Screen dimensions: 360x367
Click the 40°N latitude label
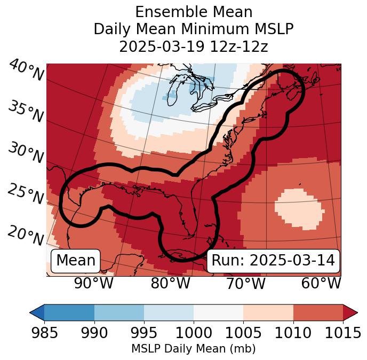[x=26, y=71]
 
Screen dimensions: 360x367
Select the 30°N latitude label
[x=25, y=153]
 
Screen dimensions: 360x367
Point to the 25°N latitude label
[x=25, y=194]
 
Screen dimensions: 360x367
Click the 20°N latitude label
[x=25, y=236]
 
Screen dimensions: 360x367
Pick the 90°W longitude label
[x=94, y=283]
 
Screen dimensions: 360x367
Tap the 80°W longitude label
[x=170, y=283]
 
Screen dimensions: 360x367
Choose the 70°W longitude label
[x=245, y=283]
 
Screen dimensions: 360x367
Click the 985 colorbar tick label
[x=44, y=333]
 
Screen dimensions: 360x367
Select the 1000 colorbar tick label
[x=194, y=333]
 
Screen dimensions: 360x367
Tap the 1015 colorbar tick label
[x=343, y=333]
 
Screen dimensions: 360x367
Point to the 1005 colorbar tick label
[x=243, y=333]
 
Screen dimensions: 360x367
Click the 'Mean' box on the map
[x=76, y=261]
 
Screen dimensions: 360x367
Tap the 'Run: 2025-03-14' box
[x=273, y=261]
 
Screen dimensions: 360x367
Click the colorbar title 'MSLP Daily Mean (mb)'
[x=194, y=349]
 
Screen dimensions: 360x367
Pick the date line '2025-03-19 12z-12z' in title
[x=194, y=46]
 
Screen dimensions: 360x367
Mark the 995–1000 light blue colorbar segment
[x=169, y=312]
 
